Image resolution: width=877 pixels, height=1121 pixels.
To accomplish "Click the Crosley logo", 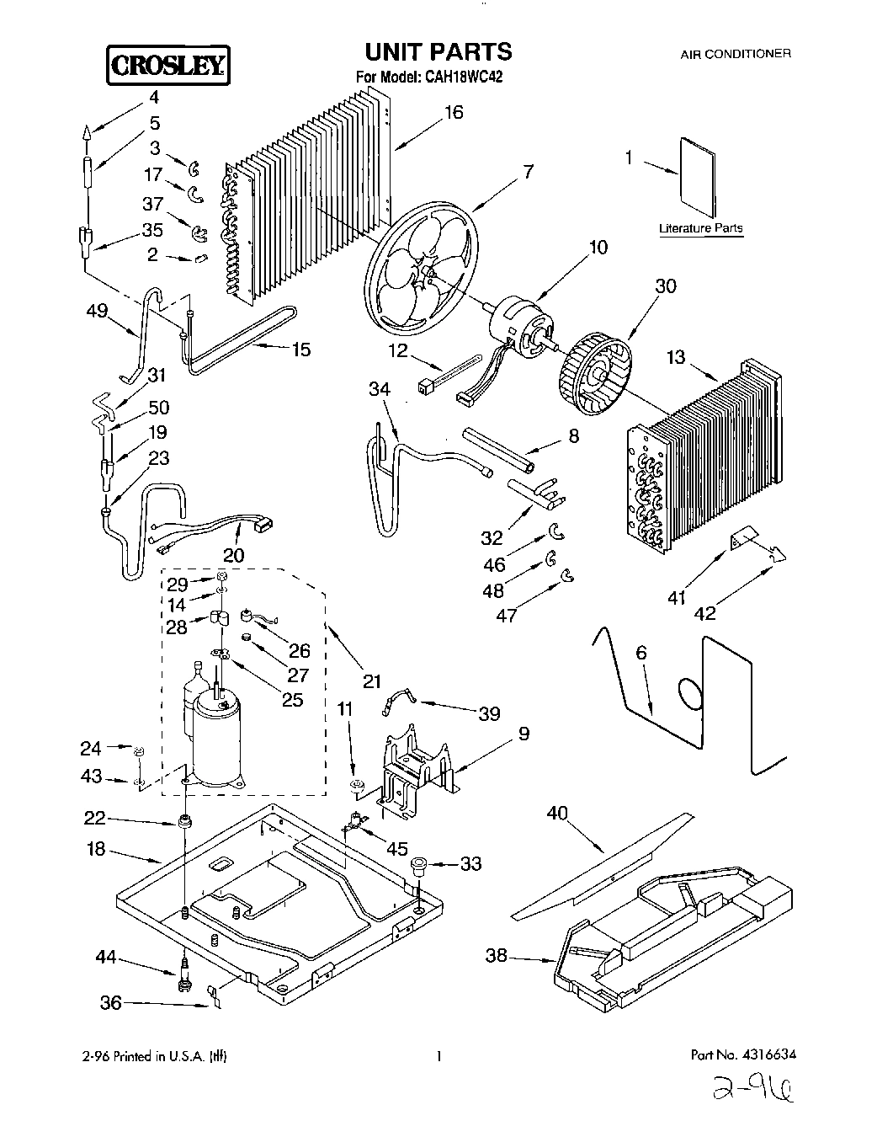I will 167,65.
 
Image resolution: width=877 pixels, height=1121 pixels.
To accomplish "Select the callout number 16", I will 453,112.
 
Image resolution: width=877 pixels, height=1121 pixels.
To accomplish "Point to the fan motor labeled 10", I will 518,324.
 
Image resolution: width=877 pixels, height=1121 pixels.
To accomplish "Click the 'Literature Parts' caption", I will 700,228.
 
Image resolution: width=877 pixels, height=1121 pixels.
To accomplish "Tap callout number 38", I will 497,955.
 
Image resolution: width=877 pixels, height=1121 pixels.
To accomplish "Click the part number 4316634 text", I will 743,1054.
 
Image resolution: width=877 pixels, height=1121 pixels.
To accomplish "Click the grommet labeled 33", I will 418,865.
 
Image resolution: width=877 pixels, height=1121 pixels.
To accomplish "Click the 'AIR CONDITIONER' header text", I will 735,53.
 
